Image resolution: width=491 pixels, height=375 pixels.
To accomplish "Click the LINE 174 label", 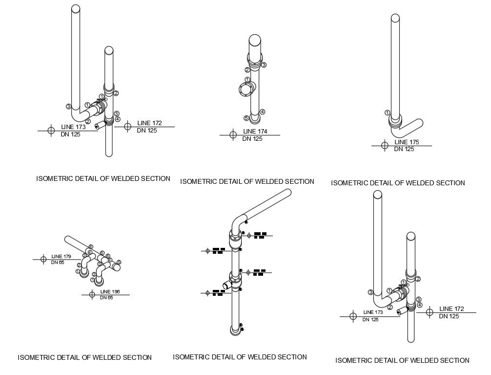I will click(255, 132).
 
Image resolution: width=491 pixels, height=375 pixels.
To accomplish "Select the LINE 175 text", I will click(407, 142).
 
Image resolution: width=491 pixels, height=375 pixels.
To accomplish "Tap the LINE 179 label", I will click(61, 256).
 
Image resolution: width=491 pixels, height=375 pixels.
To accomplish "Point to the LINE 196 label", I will click(109, 292).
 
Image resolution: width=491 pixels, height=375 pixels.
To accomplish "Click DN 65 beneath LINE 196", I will click(106, 298).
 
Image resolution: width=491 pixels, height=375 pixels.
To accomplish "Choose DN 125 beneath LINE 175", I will click(404, 149).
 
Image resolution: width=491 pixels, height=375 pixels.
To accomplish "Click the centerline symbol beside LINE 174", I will click(233, 134).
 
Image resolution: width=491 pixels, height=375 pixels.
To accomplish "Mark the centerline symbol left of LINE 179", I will click(43, 259).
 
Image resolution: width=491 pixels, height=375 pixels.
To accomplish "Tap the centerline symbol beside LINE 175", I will click(385, 145).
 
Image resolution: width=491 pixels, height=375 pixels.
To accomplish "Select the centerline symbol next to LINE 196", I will click(92, 294).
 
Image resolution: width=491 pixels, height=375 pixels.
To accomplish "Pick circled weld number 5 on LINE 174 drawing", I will click(246, 118).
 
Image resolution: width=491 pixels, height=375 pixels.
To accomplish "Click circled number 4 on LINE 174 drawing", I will click(262, 112).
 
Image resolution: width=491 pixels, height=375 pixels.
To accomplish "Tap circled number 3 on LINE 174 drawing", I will click(264, 65).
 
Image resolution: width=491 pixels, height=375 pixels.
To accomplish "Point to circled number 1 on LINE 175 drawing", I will click(387, 112).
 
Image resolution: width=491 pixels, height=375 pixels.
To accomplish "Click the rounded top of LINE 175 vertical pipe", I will click(396, 19).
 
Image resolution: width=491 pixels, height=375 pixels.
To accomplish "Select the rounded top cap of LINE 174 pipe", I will click(255, 40).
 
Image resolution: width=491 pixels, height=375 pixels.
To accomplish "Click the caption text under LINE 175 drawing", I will click(397, 183).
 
